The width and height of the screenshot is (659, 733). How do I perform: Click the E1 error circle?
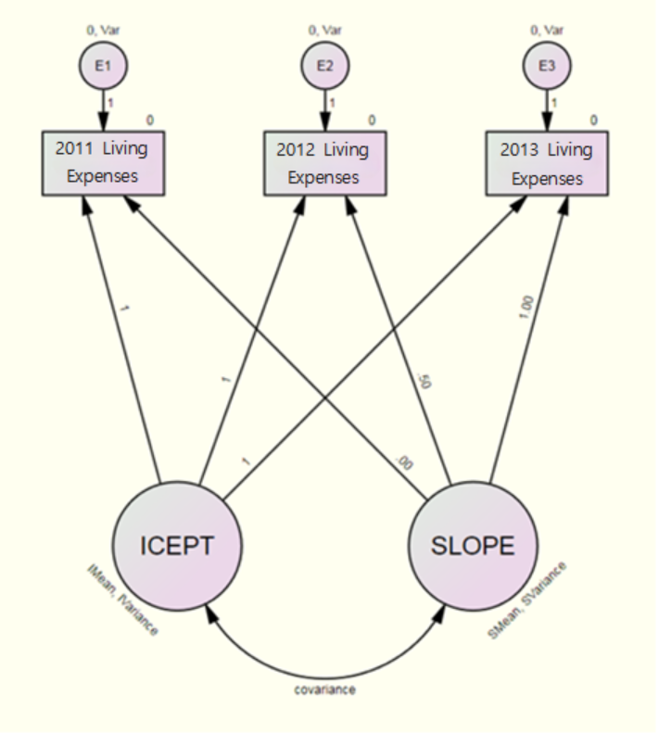pyautogui.click(x=102, y=67)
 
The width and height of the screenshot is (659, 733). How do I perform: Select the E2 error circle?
pyautogui.click(x=324, y=67)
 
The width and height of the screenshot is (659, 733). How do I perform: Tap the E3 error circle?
pyautogui.click(x=547, y=67)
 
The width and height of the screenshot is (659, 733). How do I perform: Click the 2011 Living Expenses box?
pyautogui.click(x=103, y=163)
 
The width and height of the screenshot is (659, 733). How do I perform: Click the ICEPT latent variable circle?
pyautogui.click(x=177, y=546)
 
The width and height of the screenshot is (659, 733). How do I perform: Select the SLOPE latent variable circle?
pyautogui.click(x=472, y=546)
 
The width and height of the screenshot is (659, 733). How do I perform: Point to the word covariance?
pyautogui.click(x=325, y=689)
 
